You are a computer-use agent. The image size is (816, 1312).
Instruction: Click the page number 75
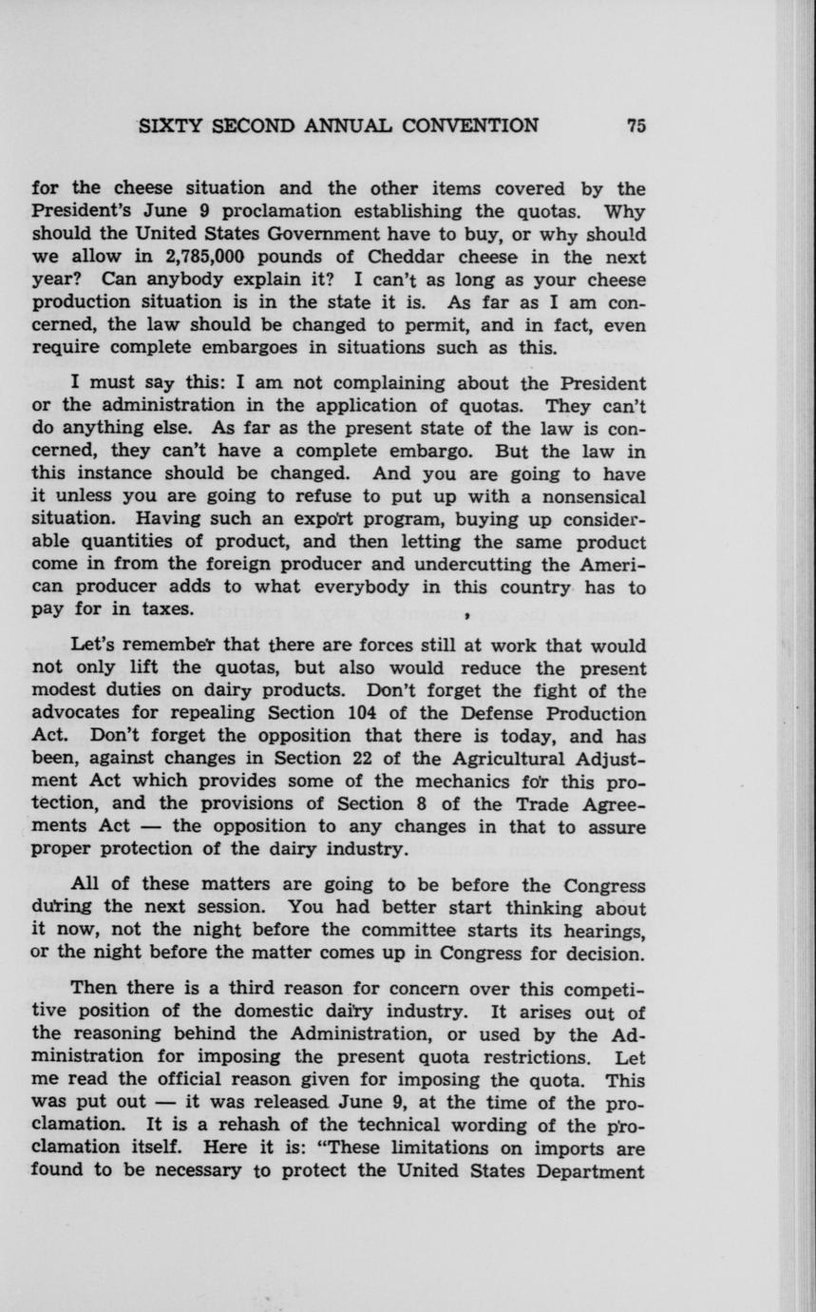pos(636,125)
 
